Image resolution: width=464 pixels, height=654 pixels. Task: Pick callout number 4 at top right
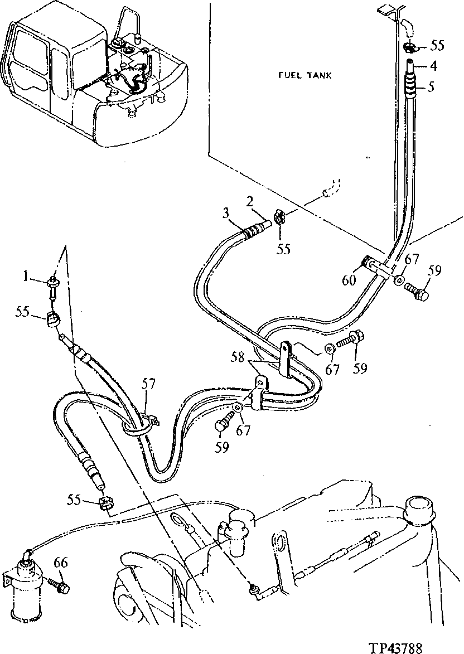(x=433, y=66)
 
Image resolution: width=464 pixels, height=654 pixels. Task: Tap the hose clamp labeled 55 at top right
(x=409, y=47)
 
